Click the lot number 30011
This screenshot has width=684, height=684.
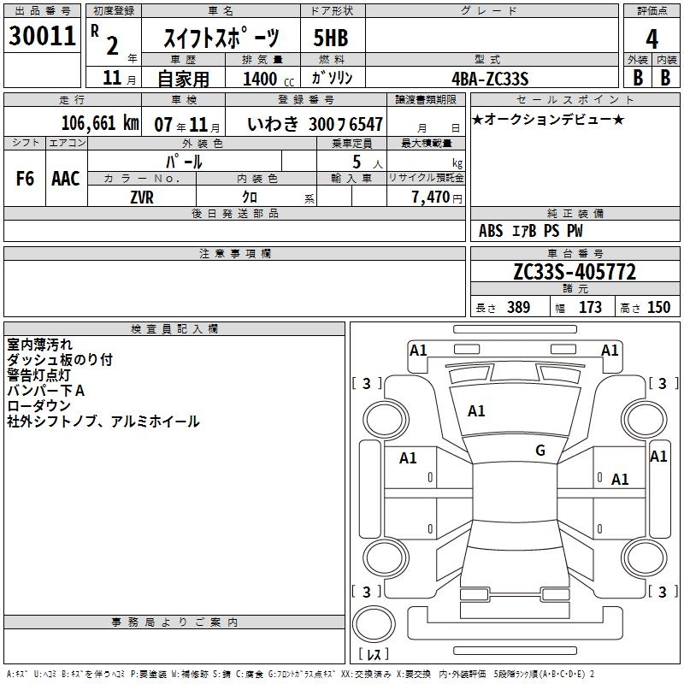point(42,36)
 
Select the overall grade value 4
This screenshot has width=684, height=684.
point(652,39)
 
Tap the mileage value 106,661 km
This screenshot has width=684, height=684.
point(100,123)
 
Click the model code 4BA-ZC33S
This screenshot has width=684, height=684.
point(490,79)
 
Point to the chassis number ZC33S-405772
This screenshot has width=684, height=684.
point(575,272)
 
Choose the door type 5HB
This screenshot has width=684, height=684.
point(331,38)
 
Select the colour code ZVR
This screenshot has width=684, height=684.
point(142,198)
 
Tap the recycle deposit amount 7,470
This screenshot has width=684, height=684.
point(431,198)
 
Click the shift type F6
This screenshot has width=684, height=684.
point(25,179)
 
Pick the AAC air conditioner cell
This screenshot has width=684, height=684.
point(66,179)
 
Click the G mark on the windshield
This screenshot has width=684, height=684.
point(540,450)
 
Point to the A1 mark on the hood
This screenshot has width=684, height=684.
point(476,411)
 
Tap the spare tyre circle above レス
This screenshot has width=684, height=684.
point(374,624)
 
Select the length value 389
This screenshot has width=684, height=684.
point(518,307)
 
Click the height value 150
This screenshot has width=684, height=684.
point(658,307)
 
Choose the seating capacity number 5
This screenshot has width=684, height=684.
point(357,162)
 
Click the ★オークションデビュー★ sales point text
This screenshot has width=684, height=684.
point(548,119)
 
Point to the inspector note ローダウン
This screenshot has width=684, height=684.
point(38,405)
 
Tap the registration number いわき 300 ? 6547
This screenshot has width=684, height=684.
point(315,124)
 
